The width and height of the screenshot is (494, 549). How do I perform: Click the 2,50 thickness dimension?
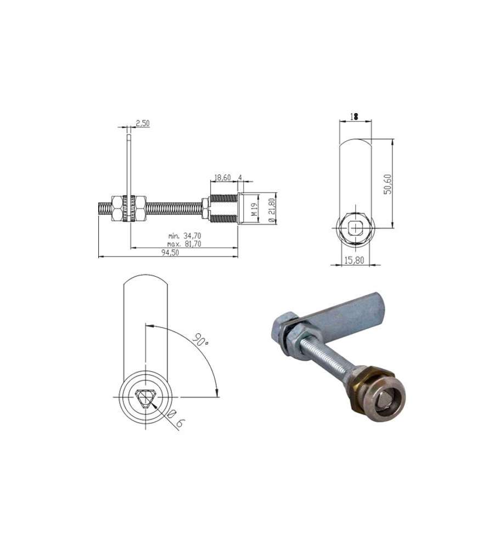(143, 123)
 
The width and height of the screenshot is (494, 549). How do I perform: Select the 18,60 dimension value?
(222, 177)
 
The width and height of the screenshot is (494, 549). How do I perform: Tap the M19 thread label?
(255, 209)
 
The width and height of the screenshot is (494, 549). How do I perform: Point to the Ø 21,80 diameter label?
(271, 209)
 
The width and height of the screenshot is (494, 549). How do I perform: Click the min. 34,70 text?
(184, 236)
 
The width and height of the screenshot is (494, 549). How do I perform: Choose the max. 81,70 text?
(184, 244)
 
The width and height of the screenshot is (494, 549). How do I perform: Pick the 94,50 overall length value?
(170, 253)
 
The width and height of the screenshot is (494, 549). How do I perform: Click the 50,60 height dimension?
(388, 184)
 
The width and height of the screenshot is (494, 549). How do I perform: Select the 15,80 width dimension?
(354, 260)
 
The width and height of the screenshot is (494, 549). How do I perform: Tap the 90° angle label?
(200, 340)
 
